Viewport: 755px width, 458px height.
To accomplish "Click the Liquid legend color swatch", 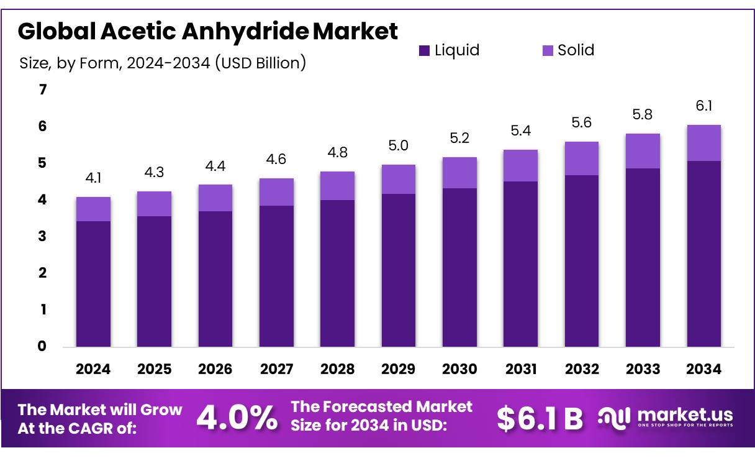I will point(425,50).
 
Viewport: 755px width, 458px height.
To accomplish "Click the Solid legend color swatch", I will point(548,50).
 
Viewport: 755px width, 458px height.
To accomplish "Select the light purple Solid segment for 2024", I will point(93,209).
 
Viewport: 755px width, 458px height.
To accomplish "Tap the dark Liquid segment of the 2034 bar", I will point(703,254).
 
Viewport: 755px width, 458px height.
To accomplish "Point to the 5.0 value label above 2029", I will point(398,146).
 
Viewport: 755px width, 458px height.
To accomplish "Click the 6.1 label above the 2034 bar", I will point(703,106).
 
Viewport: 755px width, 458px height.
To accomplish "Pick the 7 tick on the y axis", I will point(43,90).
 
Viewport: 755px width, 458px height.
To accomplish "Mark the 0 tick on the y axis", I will point(43,346).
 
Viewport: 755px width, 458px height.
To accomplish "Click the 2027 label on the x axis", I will point(276,369).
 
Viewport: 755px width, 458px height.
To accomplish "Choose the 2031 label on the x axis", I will point(520,369).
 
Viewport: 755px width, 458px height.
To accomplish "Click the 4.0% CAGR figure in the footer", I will point(237,418).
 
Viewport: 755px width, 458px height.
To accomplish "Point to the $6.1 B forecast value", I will point(540,418).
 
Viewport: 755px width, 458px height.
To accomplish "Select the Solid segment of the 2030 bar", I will point(459,173).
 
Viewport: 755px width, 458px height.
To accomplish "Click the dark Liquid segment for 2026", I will point(215,278).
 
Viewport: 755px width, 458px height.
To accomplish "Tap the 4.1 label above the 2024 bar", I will point(93,178).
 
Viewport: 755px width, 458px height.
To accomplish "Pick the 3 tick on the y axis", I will point(43,236).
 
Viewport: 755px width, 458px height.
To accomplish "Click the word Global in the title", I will point(54,30).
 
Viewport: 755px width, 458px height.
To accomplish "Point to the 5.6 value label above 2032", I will point(582,123).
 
